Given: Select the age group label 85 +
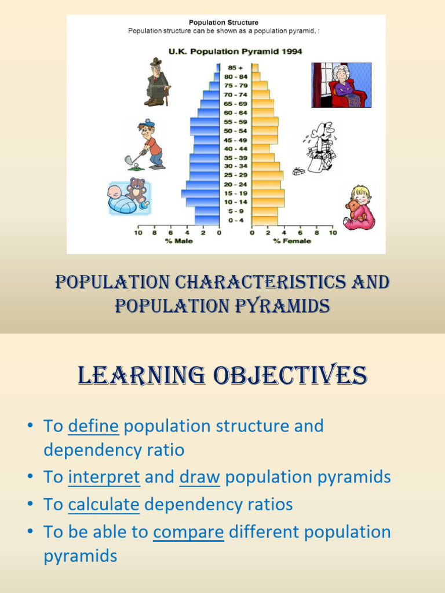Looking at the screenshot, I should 235,67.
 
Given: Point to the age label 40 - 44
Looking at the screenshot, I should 235,148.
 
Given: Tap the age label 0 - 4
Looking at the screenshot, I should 235,220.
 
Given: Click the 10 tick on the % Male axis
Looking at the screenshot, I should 138,233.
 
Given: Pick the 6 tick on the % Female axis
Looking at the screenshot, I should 301,233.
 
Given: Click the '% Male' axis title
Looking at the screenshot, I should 179,241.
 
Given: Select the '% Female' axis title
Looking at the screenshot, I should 292,241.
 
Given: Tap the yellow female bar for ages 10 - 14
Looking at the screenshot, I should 268,202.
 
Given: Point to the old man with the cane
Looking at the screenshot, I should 156,82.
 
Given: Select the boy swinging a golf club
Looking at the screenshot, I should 148,144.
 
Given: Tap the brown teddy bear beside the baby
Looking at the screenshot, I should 137,191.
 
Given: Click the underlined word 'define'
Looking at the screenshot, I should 93,426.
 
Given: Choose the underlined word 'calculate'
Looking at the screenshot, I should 104,504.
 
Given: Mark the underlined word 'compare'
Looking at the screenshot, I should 188,532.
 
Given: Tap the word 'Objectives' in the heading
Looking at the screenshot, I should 289,376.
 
